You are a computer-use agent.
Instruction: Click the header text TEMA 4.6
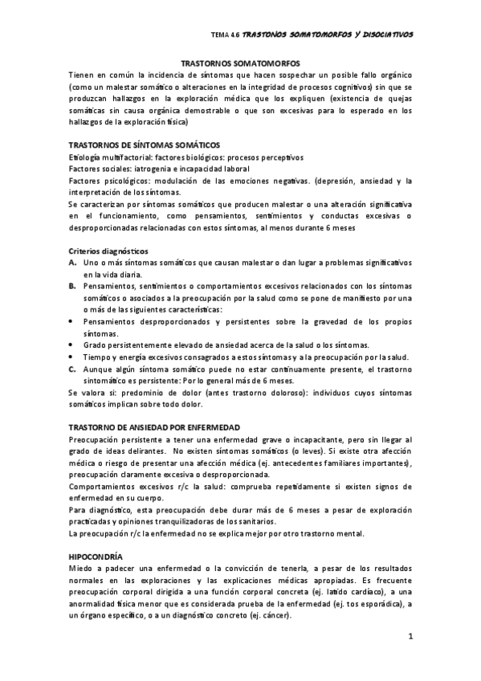(x=225, y=35)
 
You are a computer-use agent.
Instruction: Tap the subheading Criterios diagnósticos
(x=109, y=251)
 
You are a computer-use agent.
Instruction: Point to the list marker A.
(x=72, y=263)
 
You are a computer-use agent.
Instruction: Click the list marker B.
(x=72, y=286)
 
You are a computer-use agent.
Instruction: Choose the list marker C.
(x=72, y=368)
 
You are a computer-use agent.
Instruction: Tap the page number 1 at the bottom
(x=409, y=638)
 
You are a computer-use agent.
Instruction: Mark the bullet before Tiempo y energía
(x=72, y=357)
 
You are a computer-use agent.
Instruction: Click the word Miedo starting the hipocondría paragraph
(x=83, y=569)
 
